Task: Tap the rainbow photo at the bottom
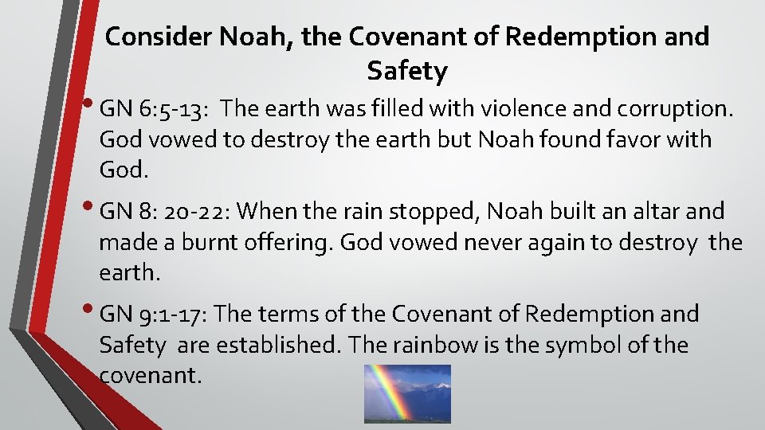tap(407, 393)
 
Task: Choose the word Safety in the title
tap(407, 72)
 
